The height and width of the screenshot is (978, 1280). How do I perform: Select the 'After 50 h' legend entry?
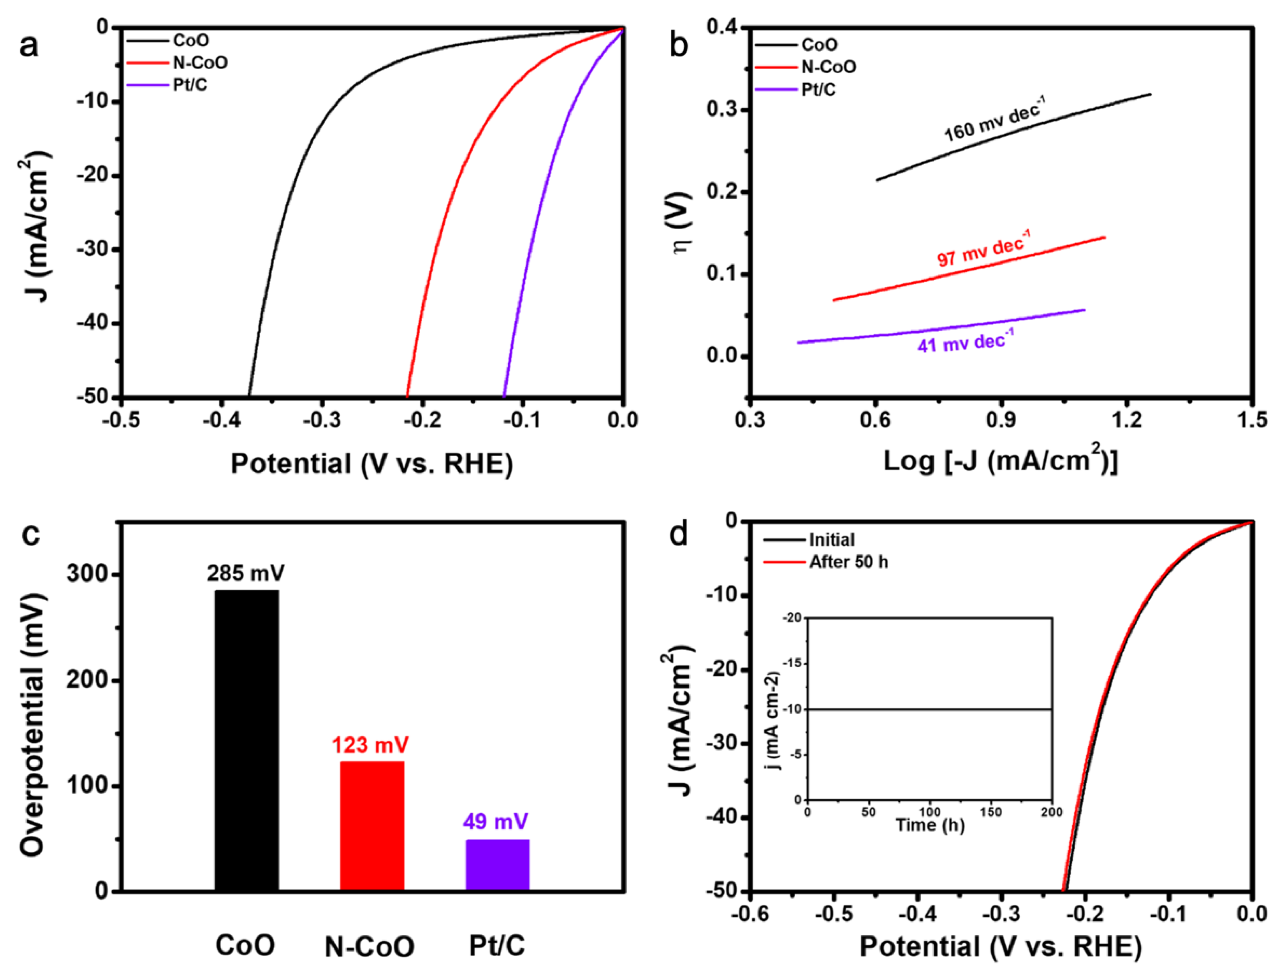coord(848,562)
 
